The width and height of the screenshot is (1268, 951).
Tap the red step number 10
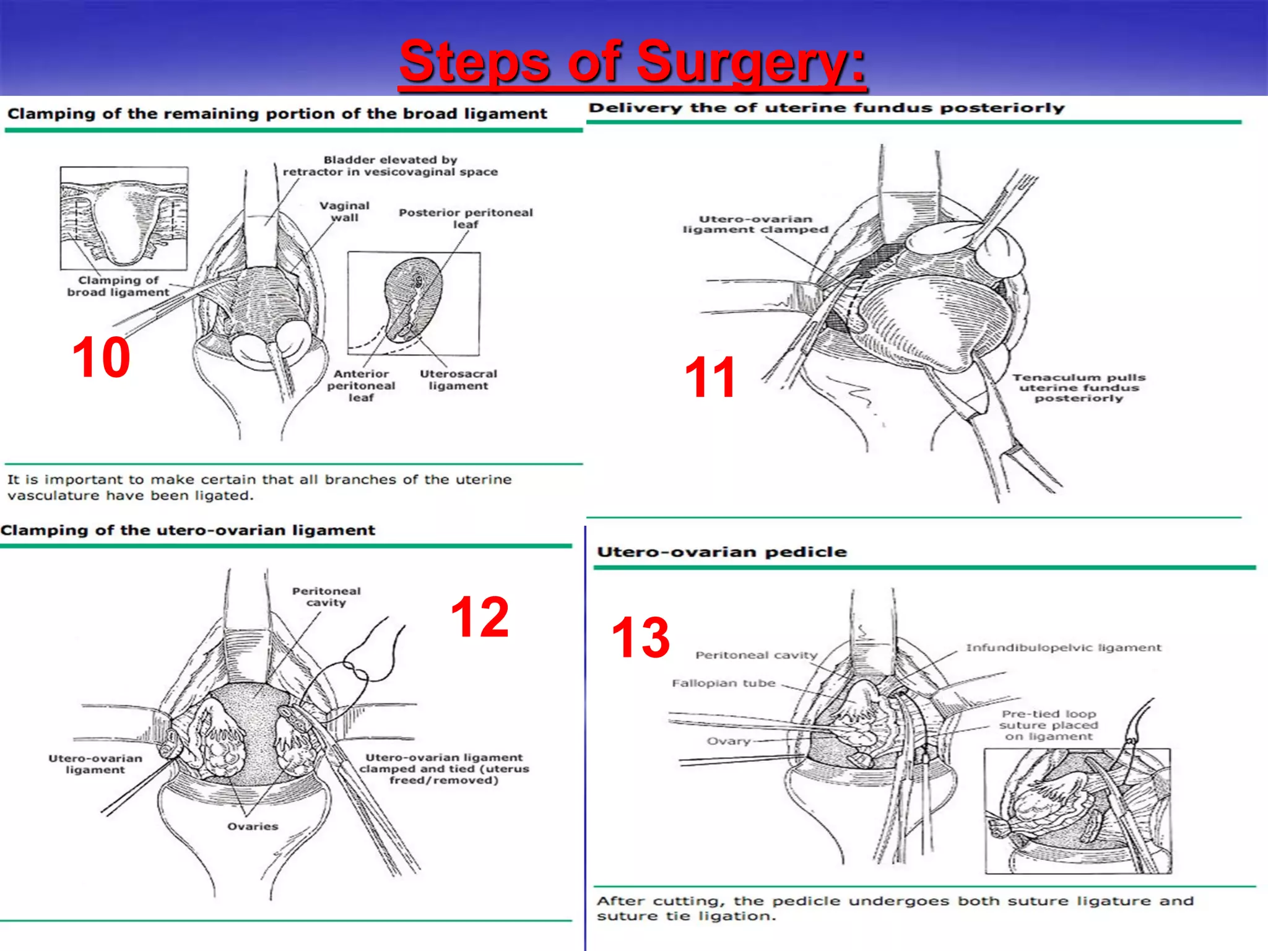coord(101,357)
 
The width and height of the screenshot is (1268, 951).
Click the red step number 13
coord(640,637)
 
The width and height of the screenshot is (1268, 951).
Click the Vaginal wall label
coord(344,211)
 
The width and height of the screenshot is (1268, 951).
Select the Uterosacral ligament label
coord(458,380)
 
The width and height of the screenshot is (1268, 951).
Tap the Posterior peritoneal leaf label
coord(466,218)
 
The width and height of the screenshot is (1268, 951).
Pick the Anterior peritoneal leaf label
coord(361,385)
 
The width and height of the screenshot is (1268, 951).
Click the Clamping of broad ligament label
coord(118,286)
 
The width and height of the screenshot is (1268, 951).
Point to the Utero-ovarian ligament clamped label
coord(755,224)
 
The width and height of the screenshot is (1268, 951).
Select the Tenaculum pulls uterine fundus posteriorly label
coord(1079,388)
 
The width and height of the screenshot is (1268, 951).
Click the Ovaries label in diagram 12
coord(253,827)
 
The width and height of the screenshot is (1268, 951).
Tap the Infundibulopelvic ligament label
coord(1063,648)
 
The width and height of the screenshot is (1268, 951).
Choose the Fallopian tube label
coord(723,683)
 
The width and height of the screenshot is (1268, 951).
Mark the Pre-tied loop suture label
coord(1048,725)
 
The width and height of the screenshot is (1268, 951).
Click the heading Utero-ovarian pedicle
coord(721,552)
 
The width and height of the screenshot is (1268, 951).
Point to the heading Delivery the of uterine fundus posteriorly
coord(826,108)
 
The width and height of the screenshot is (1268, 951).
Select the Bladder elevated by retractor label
coord(390,165)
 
